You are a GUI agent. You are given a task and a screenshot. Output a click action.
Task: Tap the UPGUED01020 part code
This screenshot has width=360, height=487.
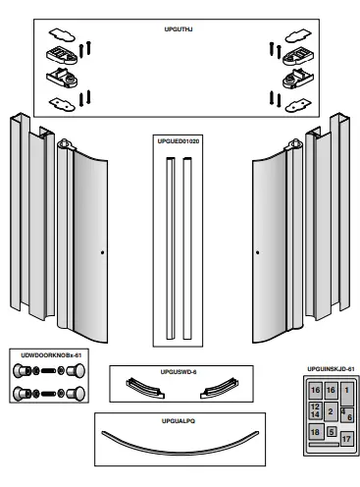coord(180,141)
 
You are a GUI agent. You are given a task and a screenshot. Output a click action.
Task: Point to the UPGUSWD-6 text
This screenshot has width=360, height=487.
coord(180,373)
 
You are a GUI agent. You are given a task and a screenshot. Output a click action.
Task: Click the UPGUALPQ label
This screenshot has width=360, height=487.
coord(180,419)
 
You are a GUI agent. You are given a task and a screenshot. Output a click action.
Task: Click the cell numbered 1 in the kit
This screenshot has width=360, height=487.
coord(345,390)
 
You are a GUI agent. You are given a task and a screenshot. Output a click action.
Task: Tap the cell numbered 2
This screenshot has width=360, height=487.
coord(332,411)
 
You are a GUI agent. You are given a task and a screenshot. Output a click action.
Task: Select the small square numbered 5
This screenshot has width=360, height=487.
coord(332,431)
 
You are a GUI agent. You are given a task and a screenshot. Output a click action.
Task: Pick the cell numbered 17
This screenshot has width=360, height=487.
coord(346,436)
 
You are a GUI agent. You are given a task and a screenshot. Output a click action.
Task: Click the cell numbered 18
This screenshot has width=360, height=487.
coord(315,432)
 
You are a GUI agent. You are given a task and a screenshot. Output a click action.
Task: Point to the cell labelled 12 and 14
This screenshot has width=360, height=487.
coord(315,410)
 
